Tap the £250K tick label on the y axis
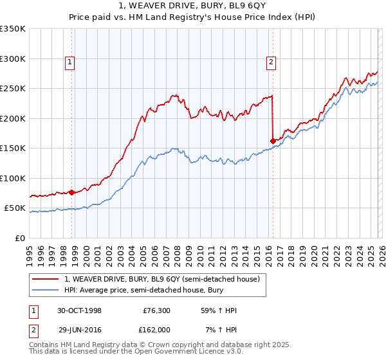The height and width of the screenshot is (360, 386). [13, 89]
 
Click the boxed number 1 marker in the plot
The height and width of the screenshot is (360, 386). [69, 62]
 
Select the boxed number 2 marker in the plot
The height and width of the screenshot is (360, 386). [271, 62]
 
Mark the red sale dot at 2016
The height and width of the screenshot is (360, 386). [273, 141]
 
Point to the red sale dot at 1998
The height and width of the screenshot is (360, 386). [72, 192]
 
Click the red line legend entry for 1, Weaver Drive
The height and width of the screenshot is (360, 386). [161, 279]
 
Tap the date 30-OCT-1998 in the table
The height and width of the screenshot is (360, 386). [80, 310]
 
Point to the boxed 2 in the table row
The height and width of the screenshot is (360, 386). [33, 329]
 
